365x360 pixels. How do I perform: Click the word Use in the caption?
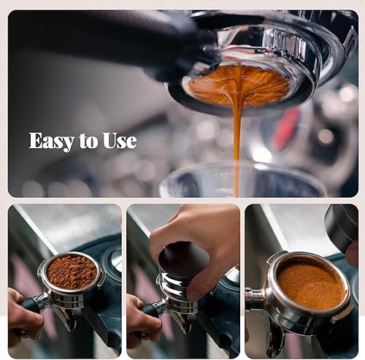point(120,141)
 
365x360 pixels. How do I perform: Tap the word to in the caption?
point(88,142)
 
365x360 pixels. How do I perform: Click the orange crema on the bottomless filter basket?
point(239,84)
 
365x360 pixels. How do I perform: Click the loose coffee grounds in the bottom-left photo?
point(72,272)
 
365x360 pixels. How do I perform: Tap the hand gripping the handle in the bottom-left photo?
point(23,316)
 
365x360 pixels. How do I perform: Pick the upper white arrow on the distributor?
point(172,278)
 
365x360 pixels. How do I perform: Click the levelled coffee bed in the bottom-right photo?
point(312,286)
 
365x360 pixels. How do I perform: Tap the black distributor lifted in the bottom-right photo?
point(341,228)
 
